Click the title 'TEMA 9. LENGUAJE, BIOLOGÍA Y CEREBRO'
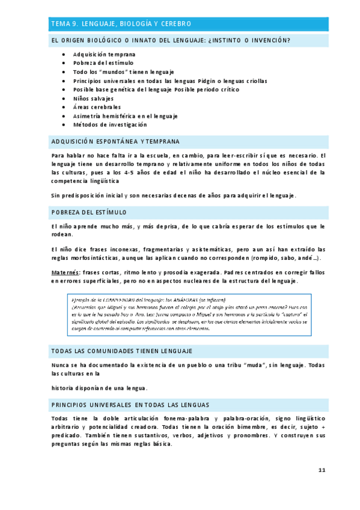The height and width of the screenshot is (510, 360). coord(121,23)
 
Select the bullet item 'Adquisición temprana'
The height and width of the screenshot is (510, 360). coord(104,54)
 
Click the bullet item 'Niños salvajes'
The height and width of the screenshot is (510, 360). coord(93,98)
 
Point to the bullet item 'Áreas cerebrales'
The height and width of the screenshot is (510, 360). coord(97,107)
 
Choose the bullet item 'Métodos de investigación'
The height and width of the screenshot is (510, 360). coord(109,124)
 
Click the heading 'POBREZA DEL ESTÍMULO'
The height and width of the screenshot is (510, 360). coord(89,212)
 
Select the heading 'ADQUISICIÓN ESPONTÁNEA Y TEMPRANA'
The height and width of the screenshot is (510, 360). coord(115,141)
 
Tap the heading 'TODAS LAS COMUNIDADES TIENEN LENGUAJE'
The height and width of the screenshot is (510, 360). coord(121,351)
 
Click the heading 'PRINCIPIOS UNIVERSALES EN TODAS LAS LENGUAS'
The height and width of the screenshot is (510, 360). coord(130,405)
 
